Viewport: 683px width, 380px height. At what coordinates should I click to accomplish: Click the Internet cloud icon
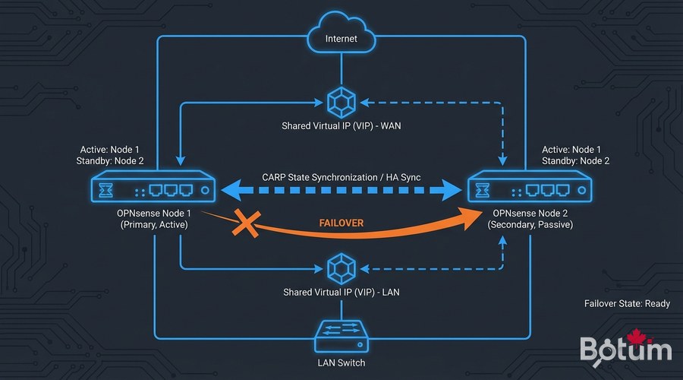(341, 35)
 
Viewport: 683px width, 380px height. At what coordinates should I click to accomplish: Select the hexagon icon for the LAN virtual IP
(341, 268)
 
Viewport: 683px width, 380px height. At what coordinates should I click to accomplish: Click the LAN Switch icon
(341, 334)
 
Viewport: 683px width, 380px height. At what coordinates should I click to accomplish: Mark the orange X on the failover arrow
(246, 224)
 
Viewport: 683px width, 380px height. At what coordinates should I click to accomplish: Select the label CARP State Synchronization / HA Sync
(341, 177)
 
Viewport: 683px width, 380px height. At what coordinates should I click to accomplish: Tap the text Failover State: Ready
(626, 303)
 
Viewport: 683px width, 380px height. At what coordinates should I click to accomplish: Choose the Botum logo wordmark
(625, 350)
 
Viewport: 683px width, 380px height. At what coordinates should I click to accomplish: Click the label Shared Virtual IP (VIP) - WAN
(341, 126)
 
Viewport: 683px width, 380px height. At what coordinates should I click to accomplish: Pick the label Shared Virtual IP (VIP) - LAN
(341, 293)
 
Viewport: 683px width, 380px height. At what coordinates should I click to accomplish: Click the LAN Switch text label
(341, 363)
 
